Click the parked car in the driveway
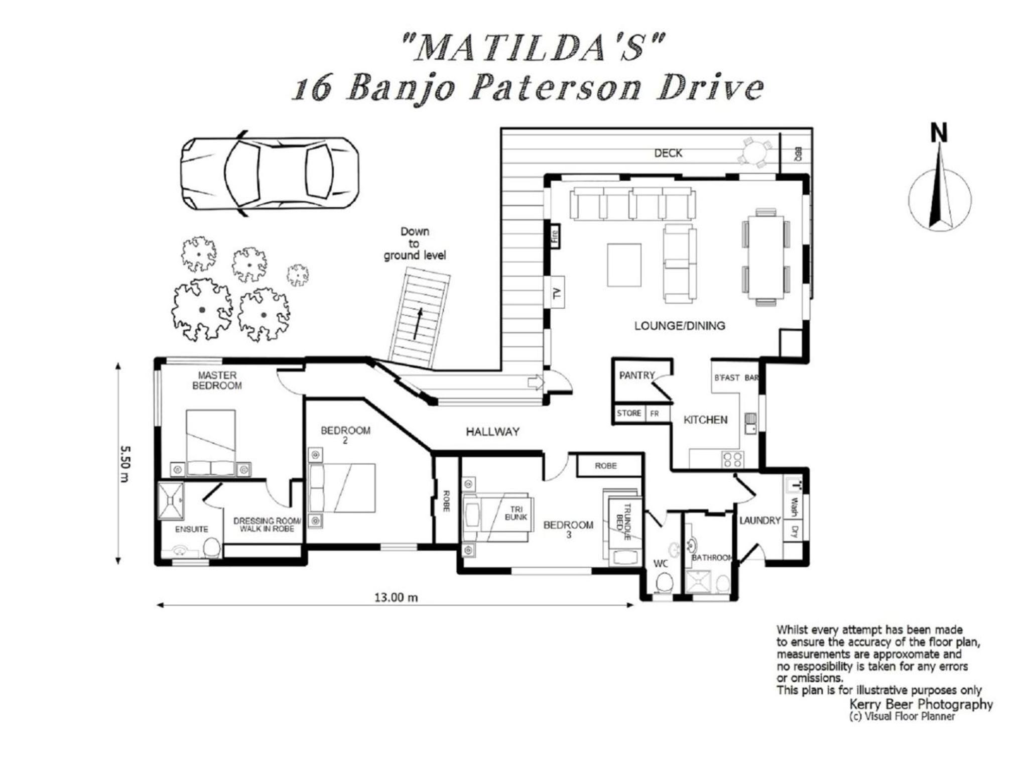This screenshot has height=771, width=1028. point(270,174)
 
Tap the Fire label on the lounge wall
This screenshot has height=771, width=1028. point(555,235)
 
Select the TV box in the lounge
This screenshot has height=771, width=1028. point(557,292)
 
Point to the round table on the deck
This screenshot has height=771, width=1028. point(754,152)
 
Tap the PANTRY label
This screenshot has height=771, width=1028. point(637,375)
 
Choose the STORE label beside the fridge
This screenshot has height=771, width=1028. point(629,413)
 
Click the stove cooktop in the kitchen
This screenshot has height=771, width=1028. point(732,459)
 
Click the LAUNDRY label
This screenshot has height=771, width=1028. point(760,521)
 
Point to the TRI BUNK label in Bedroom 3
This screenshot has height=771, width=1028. point(516,513)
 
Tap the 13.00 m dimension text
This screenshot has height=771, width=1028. point(396,597)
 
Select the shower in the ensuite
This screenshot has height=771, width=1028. point(171,500)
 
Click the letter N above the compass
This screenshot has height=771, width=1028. point(939,133)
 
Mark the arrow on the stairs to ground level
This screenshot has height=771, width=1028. point(418,324)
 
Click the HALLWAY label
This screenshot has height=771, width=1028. point(492,432)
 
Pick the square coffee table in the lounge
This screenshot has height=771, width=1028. point(624,265)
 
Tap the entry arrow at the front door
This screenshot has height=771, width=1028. point(536,382)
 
